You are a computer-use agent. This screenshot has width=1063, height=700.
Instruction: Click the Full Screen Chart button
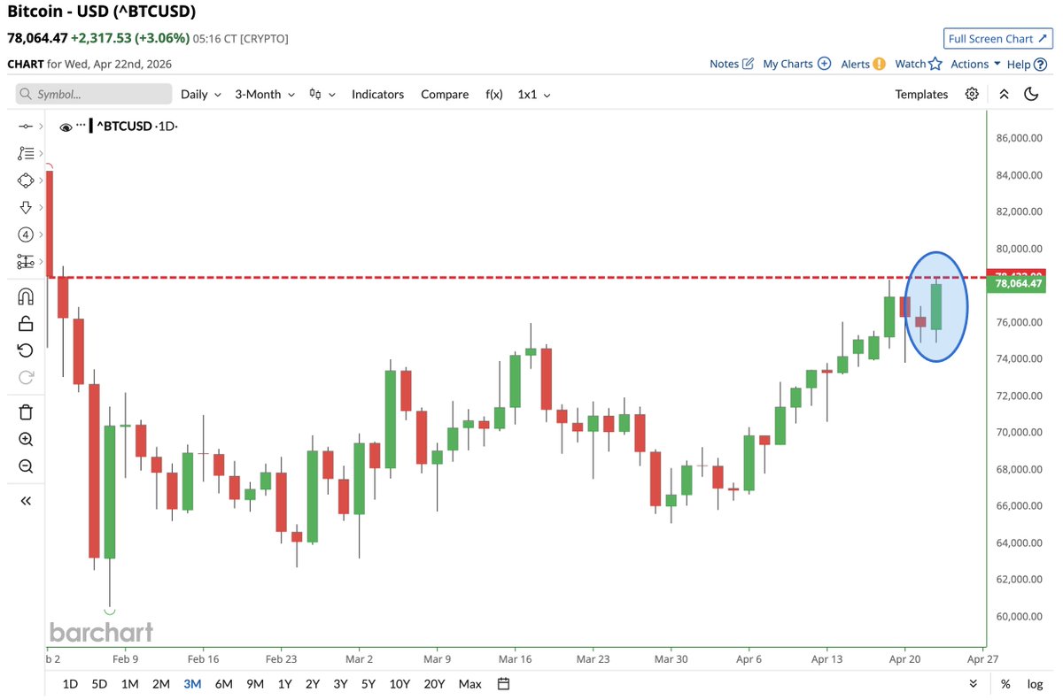point(997,39)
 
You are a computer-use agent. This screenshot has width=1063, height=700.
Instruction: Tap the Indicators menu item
point(377,94)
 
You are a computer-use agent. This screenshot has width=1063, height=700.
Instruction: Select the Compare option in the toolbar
point(445,94)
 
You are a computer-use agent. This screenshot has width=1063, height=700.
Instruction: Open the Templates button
point(921,94)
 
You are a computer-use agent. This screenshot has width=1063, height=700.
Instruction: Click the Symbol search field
point(94,94)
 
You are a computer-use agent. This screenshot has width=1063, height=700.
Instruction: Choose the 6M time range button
point(223,683)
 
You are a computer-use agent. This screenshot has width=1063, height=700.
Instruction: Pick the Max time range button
point(470,683)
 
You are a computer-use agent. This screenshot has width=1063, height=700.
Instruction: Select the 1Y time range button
point(284,683)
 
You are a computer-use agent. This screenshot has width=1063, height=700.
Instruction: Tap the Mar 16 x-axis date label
point(514,659)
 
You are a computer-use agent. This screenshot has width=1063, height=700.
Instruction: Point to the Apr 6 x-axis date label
point(749,659)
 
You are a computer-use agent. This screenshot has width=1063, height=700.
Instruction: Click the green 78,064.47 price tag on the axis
point(1019,284)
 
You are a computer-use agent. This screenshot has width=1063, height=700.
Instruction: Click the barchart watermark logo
point(101,632)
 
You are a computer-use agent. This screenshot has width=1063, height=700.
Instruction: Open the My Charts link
point(796,64)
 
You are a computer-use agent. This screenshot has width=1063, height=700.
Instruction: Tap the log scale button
point(1035,683)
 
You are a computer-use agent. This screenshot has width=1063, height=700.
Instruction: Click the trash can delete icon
point(26,412)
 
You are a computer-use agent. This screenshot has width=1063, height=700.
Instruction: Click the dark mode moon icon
point(1031,94)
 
